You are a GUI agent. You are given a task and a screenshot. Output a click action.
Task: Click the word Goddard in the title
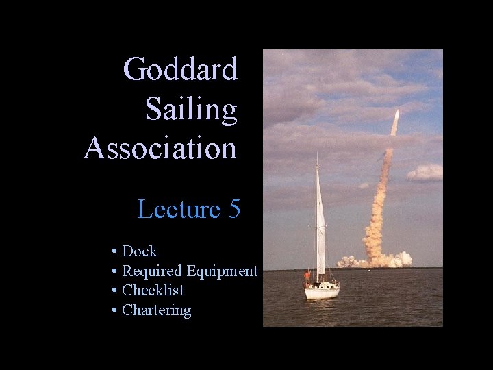(x=181, y=69)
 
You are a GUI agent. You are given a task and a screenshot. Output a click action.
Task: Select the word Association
(x=160, y=147)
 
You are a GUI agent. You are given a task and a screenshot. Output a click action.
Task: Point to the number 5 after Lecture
(x=234, y=209)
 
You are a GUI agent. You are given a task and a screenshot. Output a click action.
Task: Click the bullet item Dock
(x=139, y=251)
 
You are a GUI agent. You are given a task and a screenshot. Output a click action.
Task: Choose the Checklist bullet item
(x=153, y=291)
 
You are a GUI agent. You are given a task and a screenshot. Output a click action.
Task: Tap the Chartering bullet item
(x=156, y=310)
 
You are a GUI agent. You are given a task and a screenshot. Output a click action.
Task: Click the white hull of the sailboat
(x=322, y=293)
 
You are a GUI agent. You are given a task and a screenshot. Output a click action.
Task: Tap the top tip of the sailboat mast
(x=317, y=154)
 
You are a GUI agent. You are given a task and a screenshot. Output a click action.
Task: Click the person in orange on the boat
(x=307, y=276)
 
